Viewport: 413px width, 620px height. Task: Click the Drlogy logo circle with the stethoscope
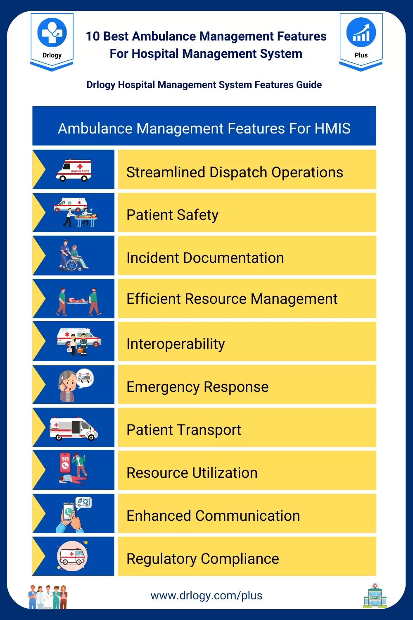[x=52, y=32]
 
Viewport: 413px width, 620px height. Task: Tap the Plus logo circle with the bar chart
[x=361, y=32]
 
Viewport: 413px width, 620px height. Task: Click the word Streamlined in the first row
[x=166, y=172]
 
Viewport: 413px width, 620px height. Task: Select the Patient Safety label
[x=172, y=215]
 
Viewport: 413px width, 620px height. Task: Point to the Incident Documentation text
[x=205, y=258]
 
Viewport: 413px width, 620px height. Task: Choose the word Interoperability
[x=176, y=344]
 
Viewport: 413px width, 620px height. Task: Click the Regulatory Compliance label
[x=203, y=559]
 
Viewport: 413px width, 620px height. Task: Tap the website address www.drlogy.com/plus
[x=206, y=595]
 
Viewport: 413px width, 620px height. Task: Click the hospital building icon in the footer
[x=375, y=595]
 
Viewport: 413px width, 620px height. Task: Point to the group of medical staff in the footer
[x=48, y=597]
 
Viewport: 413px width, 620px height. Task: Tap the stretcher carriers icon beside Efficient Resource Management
[x=78, y=301]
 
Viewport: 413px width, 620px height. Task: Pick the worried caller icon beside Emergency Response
[x=76, y=385]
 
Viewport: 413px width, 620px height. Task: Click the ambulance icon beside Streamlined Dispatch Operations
[x=74, y=170]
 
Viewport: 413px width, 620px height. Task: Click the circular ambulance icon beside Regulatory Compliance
[x=72, y=556]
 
